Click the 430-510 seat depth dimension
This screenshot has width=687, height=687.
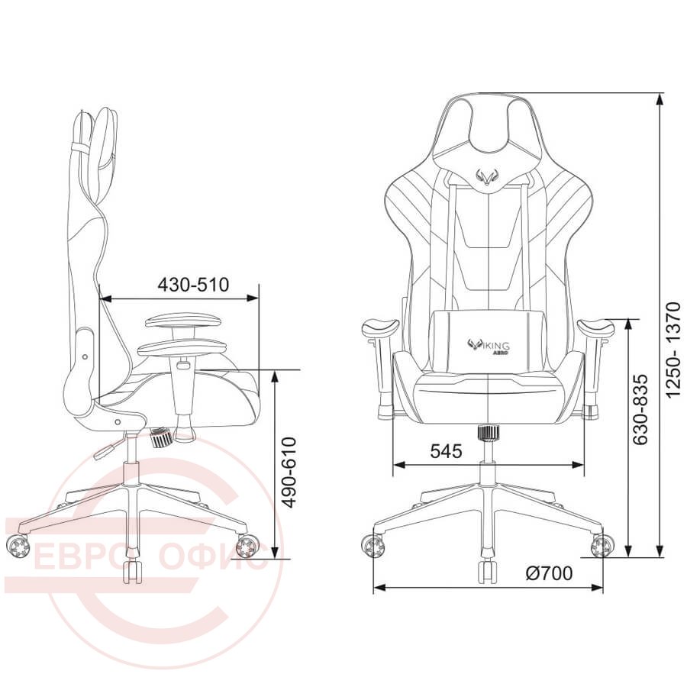(193, 285)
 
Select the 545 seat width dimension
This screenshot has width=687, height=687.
(446, 450)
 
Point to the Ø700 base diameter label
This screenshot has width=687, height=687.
(549, 573)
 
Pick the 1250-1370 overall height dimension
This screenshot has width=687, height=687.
(673, 350)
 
